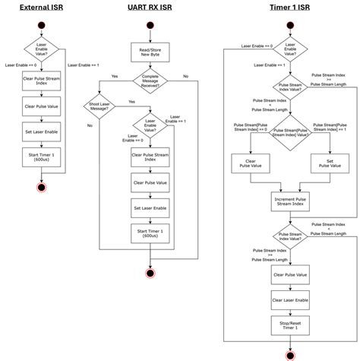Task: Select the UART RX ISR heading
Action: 150,8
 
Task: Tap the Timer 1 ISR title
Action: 289,8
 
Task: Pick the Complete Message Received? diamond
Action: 150,81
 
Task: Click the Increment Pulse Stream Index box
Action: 289,201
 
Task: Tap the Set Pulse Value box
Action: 329,163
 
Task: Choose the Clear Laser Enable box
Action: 289,300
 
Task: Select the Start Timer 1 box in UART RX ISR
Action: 150,233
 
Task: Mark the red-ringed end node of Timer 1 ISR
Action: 289,353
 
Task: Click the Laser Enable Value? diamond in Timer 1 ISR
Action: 289,50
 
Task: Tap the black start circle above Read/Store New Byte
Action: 150,24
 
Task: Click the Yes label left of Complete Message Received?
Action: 114,76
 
